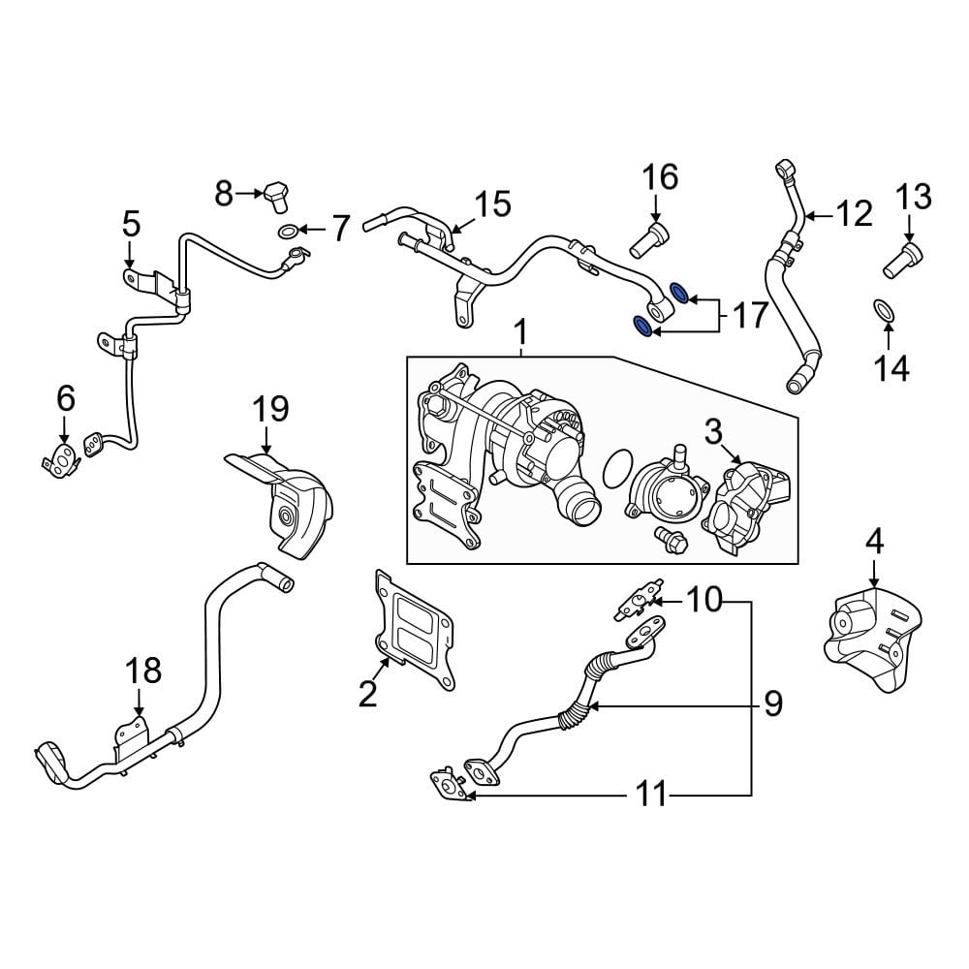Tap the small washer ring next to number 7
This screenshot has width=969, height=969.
288,231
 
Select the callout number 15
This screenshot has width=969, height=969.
492,204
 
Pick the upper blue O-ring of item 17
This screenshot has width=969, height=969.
681,293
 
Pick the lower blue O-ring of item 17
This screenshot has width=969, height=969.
641,326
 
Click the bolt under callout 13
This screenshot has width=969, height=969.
904,258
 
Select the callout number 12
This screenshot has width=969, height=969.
854,213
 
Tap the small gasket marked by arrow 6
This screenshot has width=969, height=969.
62,460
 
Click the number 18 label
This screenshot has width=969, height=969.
143,670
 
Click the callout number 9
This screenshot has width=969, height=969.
772,703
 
